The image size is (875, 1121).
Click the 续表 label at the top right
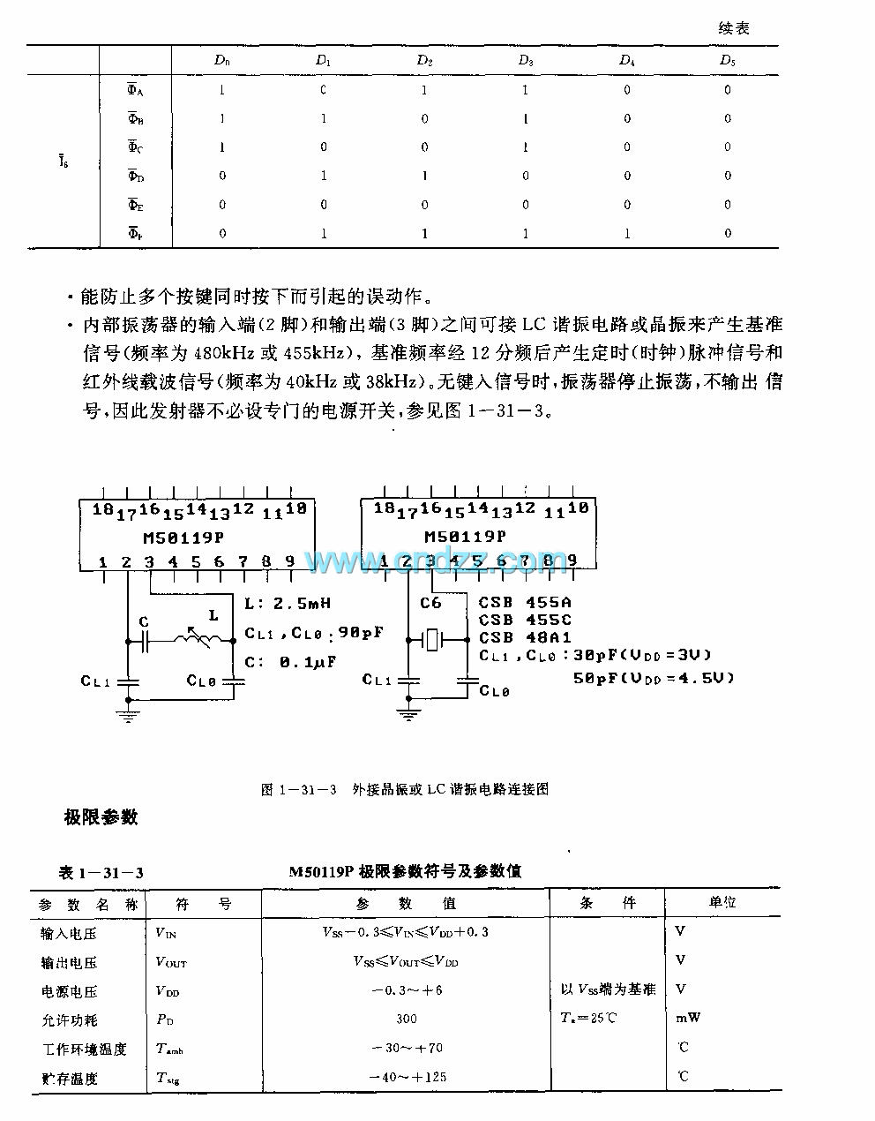click(x=733, y=28)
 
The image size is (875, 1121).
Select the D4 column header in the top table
click(x=626, y=61)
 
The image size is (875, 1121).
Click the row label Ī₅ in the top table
click(x=64, y=162)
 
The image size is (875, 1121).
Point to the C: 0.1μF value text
click(x=292, y=661)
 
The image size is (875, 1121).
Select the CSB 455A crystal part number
click(x=525, y=604)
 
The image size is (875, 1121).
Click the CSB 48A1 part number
click(x=525, y=637)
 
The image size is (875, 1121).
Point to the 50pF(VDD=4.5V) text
click(x=653, y=677)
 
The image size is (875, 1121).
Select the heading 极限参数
click(x=101, y=817)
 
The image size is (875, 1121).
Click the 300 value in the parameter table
click(x=407, y=1019)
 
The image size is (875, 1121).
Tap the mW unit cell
click(x=688, y=1018)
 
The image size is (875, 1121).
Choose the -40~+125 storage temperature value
click(x=407, y=1077)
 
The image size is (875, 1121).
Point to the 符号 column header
click(x=203, y=904)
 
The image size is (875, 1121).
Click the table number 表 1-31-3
click(x=101, y=873)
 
